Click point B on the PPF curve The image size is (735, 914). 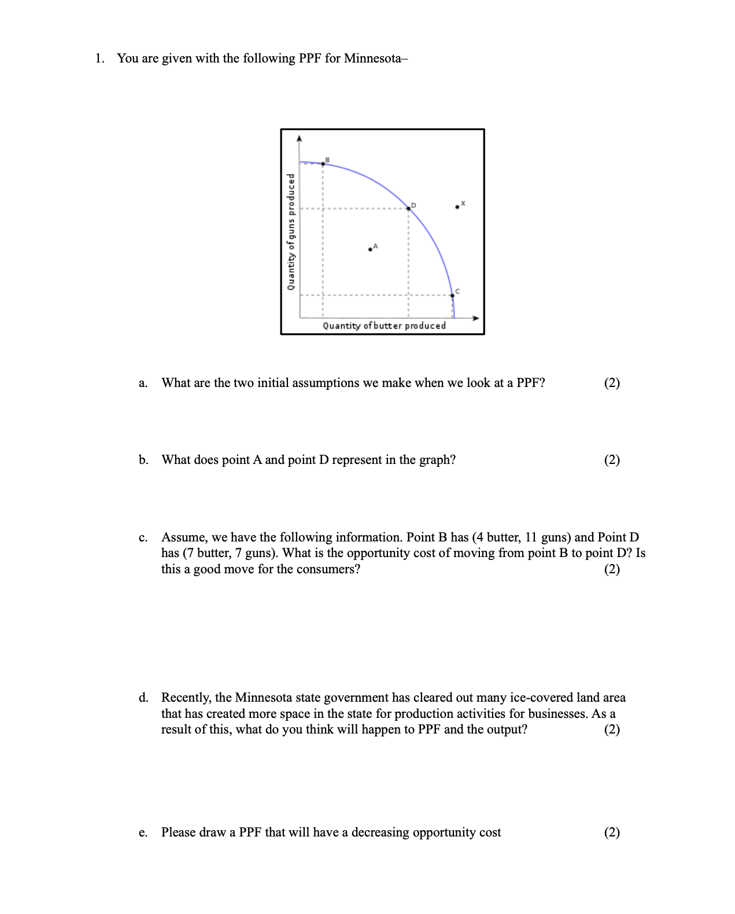pos(323,164)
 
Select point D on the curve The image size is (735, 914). pos(409,208)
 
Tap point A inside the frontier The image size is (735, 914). pos(370,249)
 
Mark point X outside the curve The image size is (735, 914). pos(457,207)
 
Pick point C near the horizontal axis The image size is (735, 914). pos(452,295)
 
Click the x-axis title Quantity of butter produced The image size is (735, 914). pos(384,326)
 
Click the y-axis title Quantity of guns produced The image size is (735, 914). pos(291,232)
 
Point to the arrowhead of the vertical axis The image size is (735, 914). pos(299,138)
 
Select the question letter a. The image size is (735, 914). pos(142,383)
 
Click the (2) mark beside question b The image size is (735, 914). pos(612,460)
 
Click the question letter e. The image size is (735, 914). pos(142,832)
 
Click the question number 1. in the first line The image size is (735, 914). pos(100,58)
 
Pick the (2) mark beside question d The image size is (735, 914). pos(612,729)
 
